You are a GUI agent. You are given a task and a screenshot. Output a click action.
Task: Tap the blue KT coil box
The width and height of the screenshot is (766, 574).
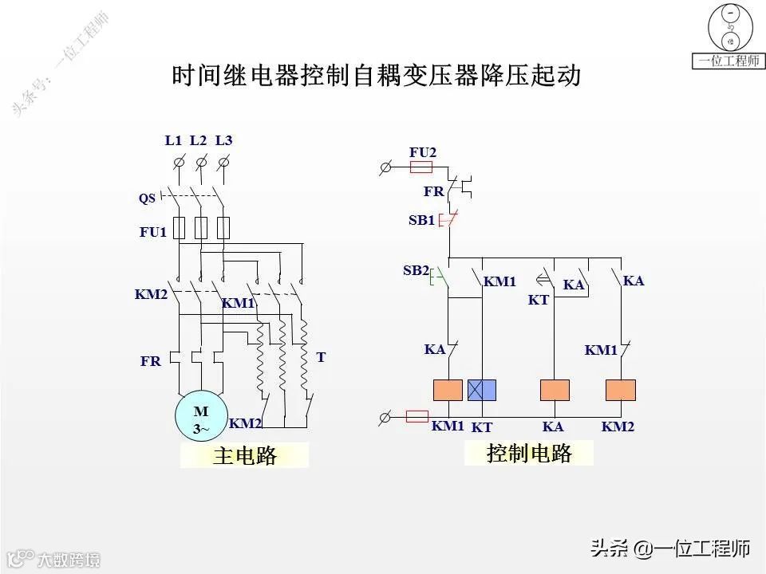click(482, 390)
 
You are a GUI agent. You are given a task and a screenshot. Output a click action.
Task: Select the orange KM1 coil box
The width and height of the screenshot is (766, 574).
click(448, 390)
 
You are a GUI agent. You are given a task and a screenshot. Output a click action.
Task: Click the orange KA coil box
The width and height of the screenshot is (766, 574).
click(555, 390)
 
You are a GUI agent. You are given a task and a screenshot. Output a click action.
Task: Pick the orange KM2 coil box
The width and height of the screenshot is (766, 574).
click(620, 390)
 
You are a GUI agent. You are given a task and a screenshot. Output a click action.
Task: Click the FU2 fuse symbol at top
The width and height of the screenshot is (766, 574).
click(421, 167)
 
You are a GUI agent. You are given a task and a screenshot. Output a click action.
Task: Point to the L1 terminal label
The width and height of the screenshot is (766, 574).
click(174, 141)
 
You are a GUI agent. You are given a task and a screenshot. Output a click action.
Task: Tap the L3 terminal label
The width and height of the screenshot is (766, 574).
click(224, 141)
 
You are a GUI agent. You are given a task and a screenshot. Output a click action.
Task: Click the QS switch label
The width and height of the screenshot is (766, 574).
click(147, 199)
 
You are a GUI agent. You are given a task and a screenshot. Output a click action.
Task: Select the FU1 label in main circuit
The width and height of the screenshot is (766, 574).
click(153, 233)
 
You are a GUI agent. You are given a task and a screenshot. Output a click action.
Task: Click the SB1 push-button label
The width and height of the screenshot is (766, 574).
click(421, 221)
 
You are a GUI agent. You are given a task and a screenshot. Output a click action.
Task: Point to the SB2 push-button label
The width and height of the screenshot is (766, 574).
click(416, 271)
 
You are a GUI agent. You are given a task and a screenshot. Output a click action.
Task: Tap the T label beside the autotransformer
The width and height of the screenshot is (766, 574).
click(321, 358)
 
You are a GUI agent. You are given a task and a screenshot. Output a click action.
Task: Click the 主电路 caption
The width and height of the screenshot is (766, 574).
click(244, 456)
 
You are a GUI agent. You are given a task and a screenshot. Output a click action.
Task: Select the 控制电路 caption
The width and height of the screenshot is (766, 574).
click(529, 454)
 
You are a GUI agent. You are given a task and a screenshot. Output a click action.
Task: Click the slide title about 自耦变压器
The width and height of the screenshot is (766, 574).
click(376, 77)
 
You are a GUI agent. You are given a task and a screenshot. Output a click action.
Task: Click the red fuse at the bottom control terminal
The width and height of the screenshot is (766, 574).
click(418, 416)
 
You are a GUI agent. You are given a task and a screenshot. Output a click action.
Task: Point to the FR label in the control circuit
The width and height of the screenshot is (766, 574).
click(433, 192)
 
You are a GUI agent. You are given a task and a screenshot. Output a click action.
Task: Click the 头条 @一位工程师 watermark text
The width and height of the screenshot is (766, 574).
click(670, 548)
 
